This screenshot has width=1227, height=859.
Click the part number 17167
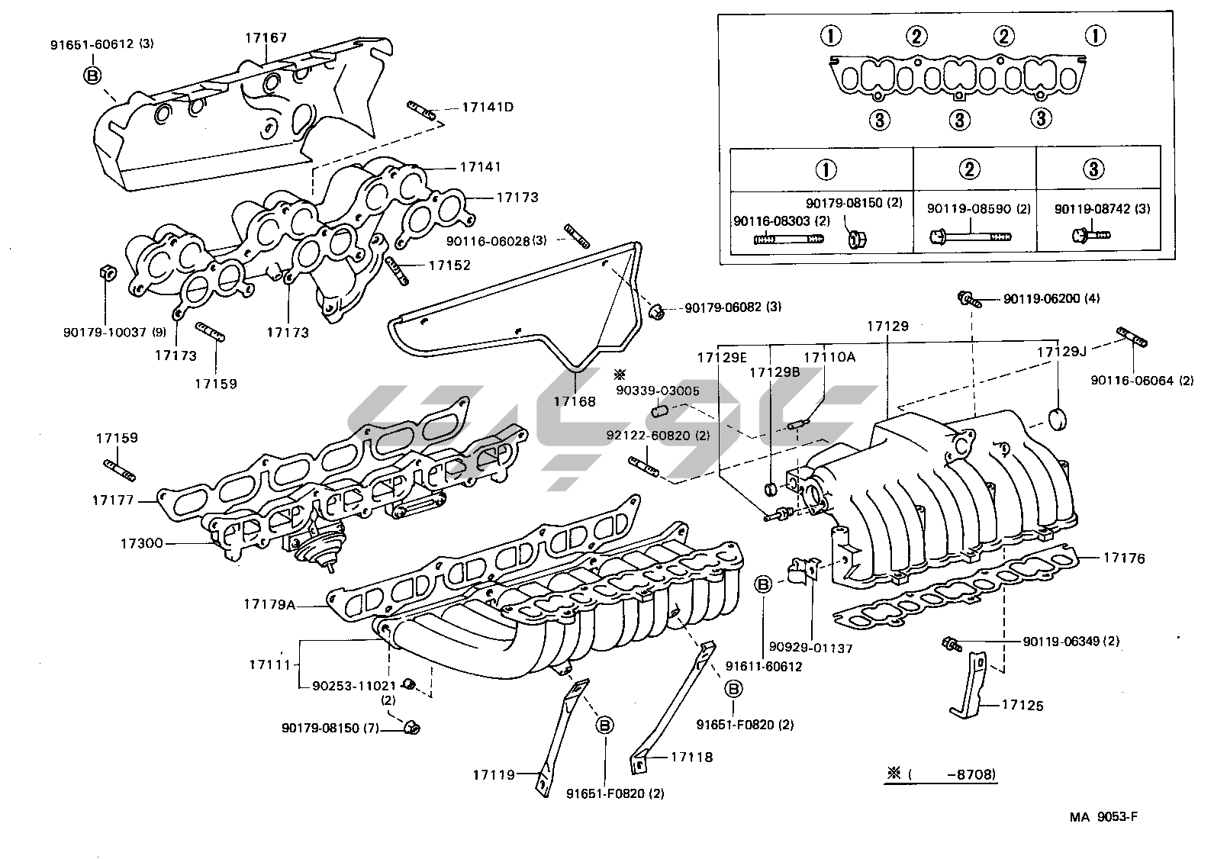[x=266, y=37]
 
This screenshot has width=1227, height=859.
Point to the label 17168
[x=575, y=401]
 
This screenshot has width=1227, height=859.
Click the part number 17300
[x=141, y=544]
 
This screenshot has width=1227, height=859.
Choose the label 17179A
[x=269, y=604]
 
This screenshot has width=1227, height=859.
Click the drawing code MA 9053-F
[x=1103, y=817]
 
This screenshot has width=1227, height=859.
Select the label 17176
[x=1124, y=558]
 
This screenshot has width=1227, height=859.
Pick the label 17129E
[x=721, y=356]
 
